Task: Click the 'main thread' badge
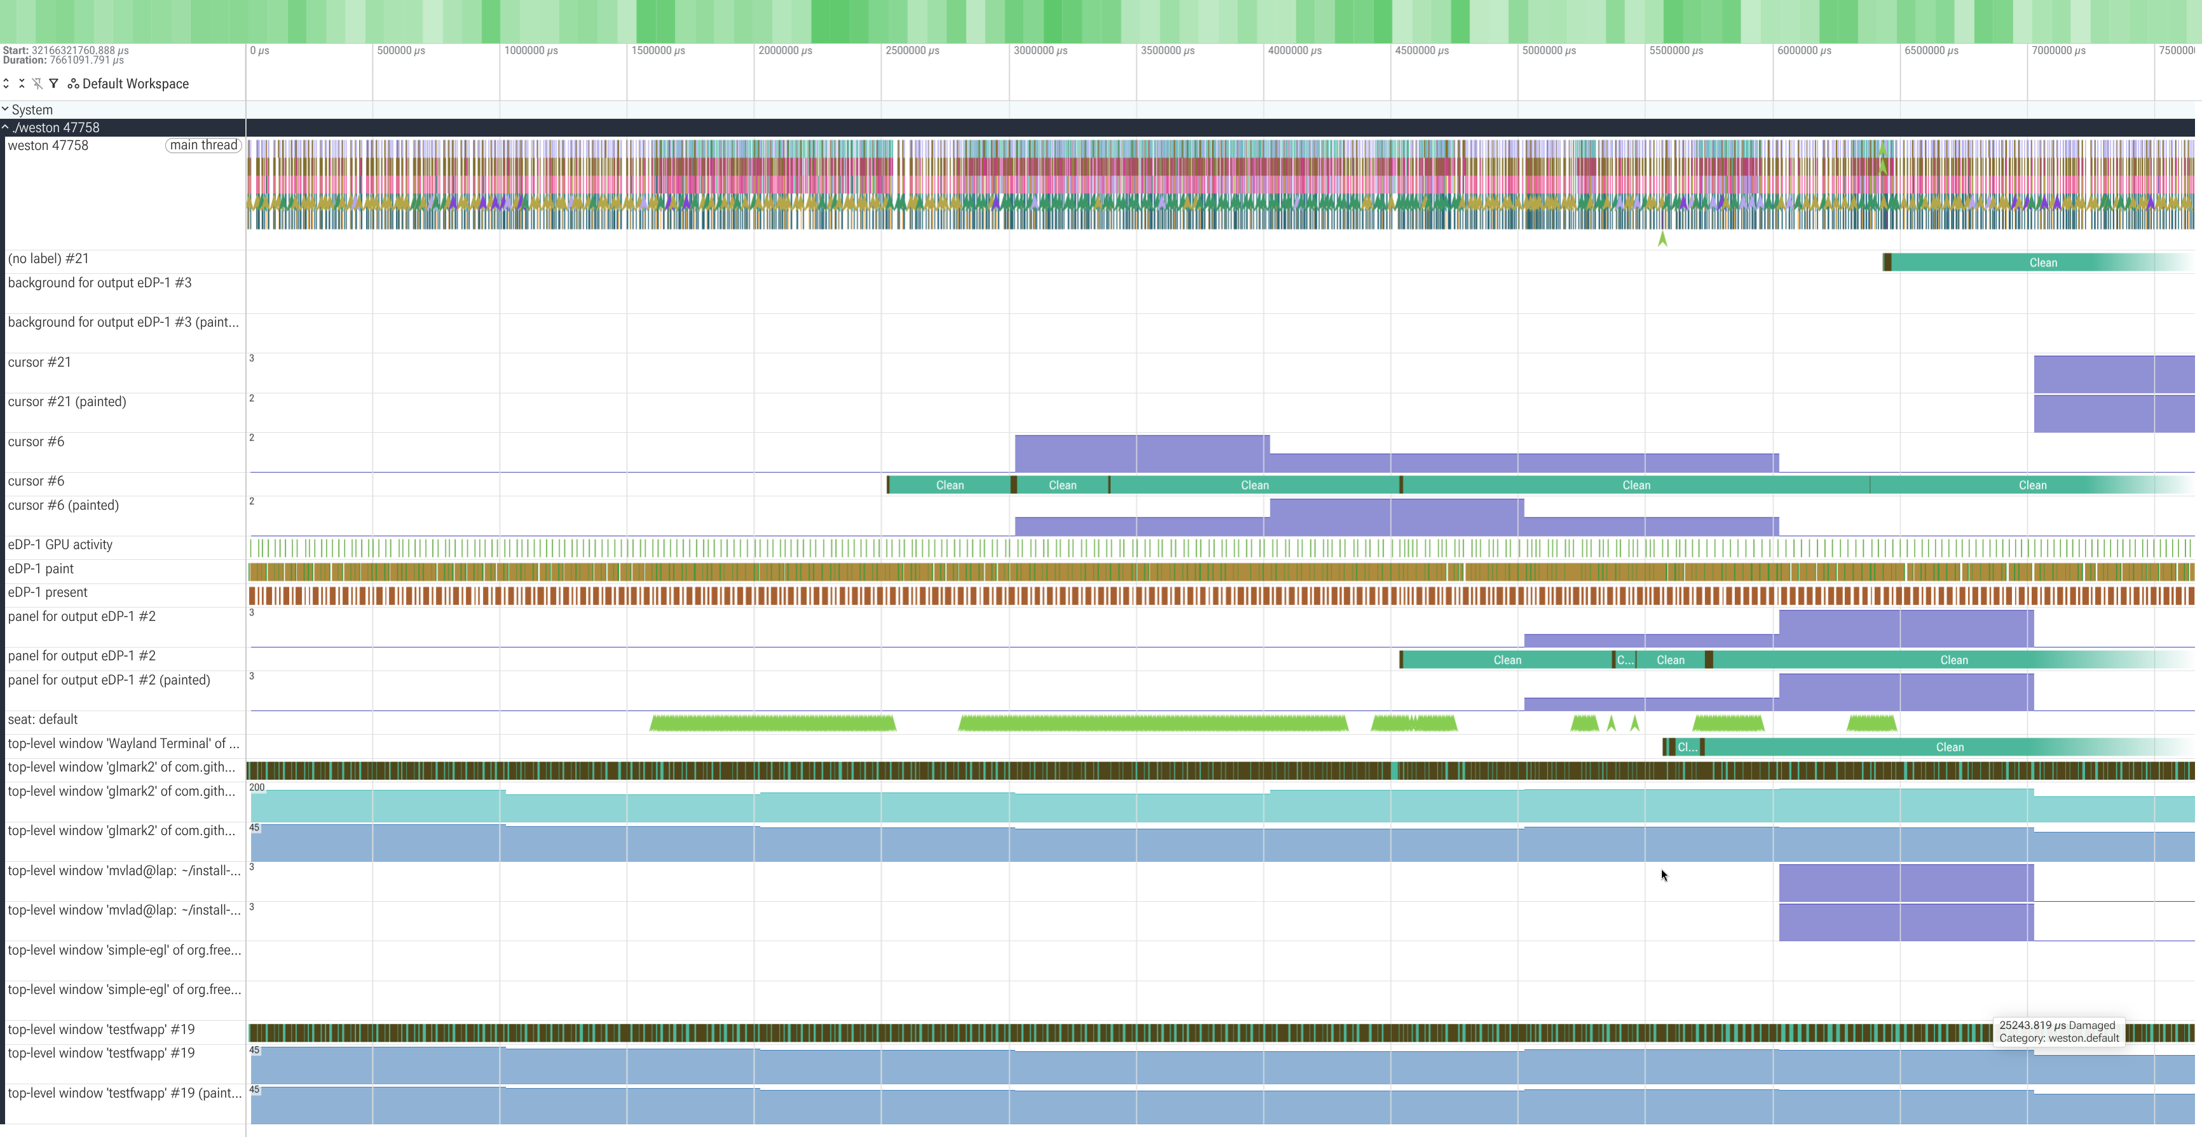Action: point(203,146)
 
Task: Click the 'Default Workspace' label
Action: point(136,84)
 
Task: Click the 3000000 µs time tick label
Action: point(1040,50)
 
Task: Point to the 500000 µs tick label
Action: point(401,50)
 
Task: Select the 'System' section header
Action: point(32,109)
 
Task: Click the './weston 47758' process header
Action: point(57,127)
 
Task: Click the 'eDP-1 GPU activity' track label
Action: point(60,545)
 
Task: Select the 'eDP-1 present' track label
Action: point(48,592)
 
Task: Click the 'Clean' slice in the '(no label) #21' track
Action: point(2043,262)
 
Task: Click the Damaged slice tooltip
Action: point(2058,1032)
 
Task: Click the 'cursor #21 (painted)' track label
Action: point(67,402)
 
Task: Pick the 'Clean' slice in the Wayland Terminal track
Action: point(1949,747)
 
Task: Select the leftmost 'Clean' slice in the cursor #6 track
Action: point(949,485)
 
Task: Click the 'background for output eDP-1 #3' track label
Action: point(99,283)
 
